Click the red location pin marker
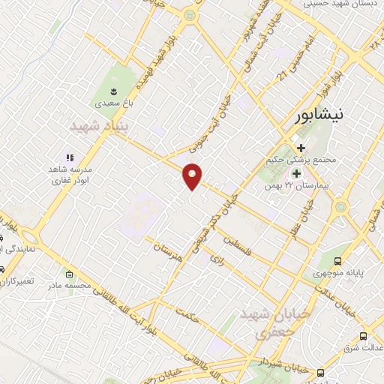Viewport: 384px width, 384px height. [192, 176]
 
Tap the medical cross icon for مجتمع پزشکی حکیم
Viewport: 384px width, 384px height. [301, 148]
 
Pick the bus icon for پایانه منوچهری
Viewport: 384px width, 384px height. [338, 261]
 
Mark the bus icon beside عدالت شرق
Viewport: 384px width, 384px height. [363, 335]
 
